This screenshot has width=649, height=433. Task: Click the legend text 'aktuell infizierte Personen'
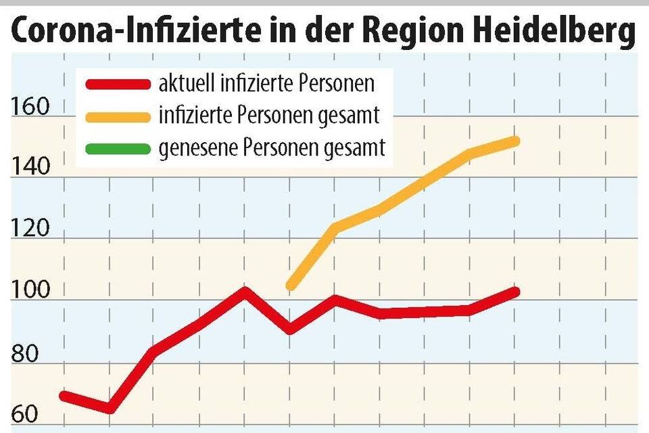pyautogui.click(x=266, y=85)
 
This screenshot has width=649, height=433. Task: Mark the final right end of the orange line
pyautogui.click(x=515, y=141)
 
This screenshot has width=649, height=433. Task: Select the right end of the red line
pyautogui.click(x=515, y=292)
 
